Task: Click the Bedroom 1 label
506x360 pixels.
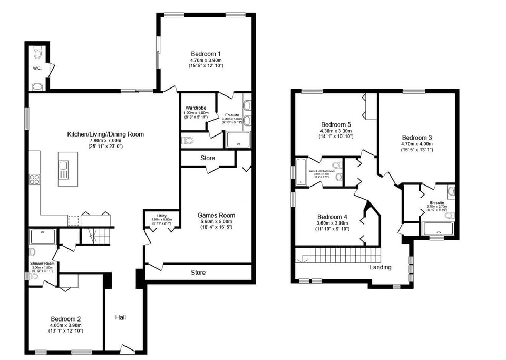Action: pyautogui.click(x=206, y=54)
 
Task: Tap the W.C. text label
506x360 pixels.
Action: pyautogui.click(x=37, y=69)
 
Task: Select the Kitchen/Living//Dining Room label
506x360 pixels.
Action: pyautogui.click(x=105, y=134)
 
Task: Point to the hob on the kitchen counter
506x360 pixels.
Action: pyautogui.click(x=35, y=179)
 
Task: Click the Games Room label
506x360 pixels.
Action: pyautogui.click(x=216, y=215)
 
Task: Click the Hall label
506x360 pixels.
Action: pyautogui.click(x=121, y=317)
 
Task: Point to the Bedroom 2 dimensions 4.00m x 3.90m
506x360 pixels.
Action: pyautogui.click(x=66, y=325)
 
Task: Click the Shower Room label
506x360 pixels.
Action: pyautogui.click(x=42, y=263)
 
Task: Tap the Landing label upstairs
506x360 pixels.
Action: pyautogui.click(x=380, y=267)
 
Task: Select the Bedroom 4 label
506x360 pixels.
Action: pyautogui.click(x=332, y=217)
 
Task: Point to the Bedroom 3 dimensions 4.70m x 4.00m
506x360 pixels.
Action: pyautogui.click(x=416, y=143)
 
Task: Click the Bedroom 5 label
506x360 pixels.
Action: pyautogui.click(x=336, y=124)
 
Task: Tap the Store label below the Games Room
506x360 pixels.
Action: pyautogui.click(x=198, y=273)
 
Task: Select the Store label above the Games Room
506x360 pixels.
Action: pyautogui.click(x=208, y=158)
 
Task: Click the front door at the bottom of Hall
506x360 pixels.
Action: pyautogui.click(x=126, y=349)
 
